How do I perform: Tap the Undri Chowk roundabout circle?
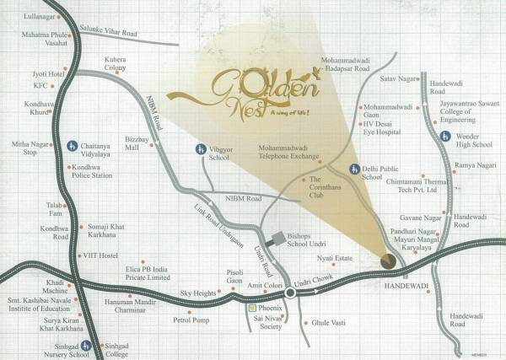coord(290,293)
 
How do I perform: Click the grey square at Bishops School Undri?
coord(273,239)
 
